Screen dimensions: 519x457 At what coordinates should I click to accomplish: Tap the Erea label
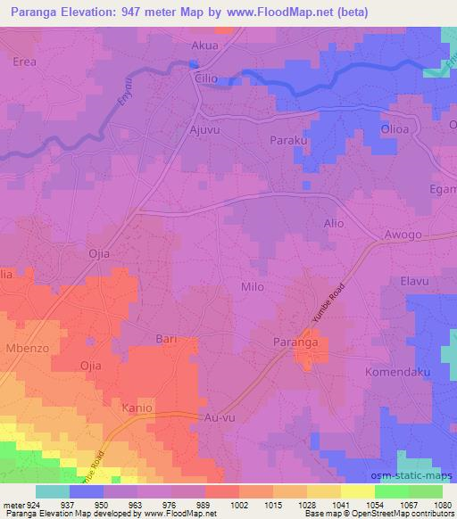24,62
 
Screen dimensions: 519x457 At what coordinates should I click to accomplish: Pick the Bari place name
167,339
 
